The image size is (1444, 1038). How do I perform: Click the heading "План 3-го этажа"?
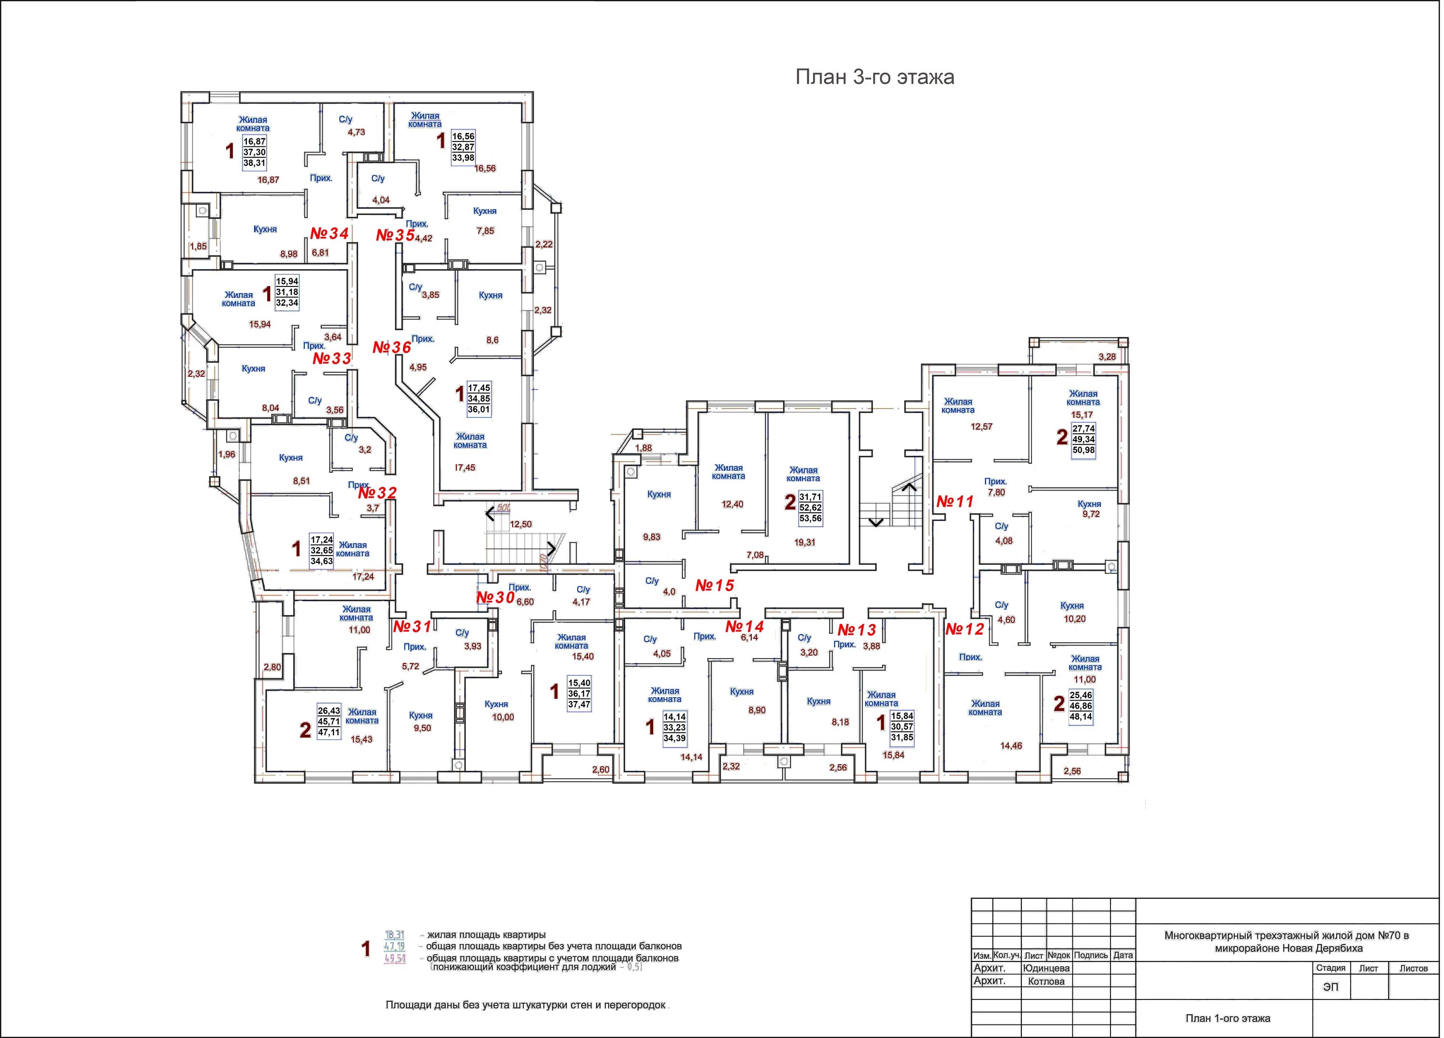(x=874, y=77)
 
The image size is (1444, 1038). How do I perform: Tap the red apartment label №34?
(x=329, y=234)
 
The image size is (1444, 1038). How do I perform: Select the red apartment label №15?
(x=714, y=585)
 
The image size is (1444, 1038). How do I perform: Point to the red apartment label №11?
(x=955, y=502)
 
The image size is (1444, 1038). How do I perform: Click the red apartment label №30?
(x=495, y=597)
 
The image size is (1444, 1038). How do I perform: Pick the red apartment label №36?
(x=391, y=348)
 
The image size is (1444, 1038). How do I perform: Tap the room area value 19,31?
(x=805, y=543)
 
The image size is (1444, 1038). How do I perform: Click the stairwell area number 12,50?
(x=521, y=524)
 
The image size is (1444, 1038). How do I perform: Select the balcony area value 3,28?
(x=1107, y=357)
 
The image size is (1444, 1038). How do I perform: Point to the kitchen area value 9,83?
(x=651, y=537)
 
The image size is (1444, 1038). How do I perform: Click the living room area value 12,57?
(x=981, y=427)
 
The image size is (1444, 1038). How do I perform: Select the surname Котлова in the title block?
(x=1046, y=981)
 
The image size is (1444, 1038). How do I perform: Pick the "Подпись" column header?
(x=1091, y=955)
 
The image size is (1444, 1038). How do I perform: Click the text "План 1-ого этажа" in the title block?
(x=1227, y=1018)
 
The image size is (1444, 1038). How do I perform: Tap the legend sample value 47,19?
(x=395, y=947)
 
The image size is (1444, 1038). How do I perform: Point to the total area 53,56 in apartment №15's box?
(x=811, y=519)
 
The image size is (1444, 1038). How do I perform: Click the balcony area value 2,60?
(x=600, y=769)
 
